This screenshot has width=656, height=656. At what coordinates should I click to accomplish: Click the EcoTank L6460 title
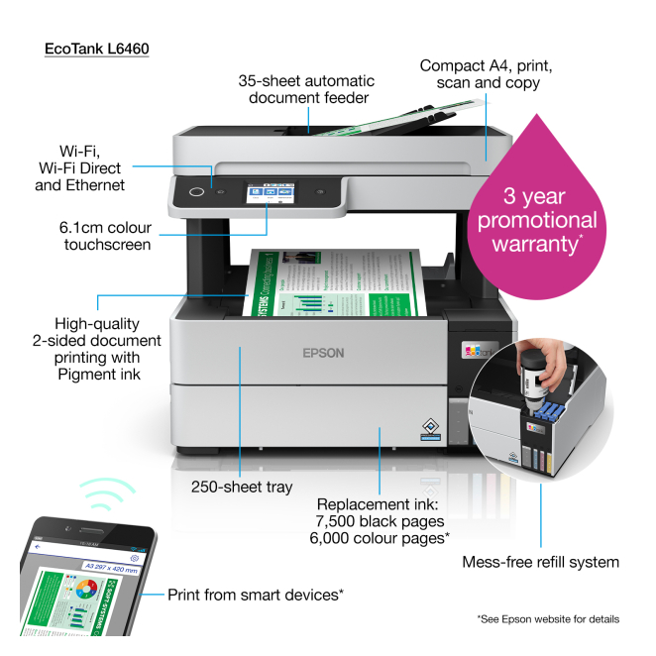click(x=97, y=47)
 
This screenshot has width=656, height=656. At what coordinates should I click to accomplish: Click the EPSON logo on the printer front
click(x=323, y=351)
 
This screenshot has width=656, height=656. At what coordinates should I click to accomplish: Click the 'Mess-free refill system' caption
click(x=540, y=562)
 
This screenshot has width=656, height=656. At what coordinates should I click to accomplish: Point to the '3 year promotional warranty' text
click(x=536, y=219)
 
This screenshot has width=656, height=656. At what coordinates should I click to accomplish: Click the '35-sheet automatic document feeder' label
click(x=306, y=88)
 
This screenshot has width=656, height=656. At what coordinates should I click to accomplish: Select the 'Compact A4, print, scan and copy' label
click(x=486, y=74)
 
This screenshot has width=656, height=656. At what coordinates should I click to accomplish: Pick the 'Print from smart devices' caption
click(x=255, y=594)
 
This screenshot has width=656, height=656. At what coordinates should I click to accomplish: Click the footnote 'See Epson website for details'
click(x=547, y=619)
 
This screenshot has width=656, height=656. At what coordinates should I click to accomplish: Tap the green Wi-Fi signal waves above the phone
click(x=109, y=493)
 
